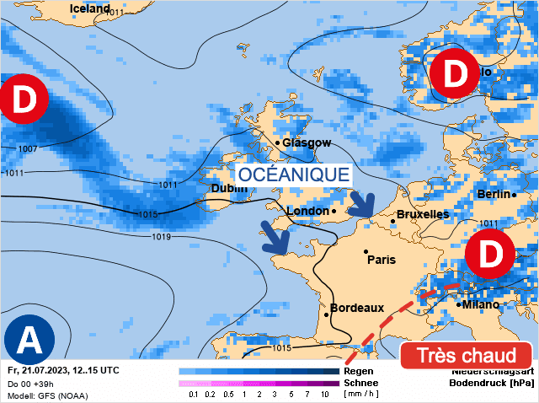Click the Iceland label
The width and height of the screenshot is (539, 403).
click(89, 9)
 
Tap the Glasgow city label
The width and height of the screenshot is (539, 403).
click(307, 143)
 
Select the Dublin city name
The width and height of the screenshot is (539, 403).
click(229, 189)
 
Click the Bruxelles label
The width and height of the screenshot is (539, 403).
click(422, 215)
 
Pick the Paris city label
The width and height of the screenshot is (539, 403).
click(381, 260)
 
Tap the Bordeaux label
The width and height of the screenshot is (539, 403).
click(357, 309)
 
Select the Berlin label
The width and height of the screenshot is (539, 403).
click(494, 195)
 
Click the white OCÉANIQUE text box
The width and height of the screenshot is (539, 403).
click(292, 175)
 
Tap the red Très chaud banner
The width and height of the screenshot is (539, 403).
click(466, 356)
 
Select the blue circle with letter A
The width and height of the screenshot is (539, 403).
click(29, 340)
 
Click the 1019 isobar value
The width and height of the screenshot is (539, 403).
click(162, 237)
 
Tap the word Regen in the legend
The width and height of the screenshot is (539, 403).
click(358, 371)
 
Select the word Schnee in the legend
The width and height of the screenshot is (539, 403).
click(361, 383)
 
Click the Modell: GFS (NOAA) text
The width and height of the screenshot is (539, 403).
click(47, 395)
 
